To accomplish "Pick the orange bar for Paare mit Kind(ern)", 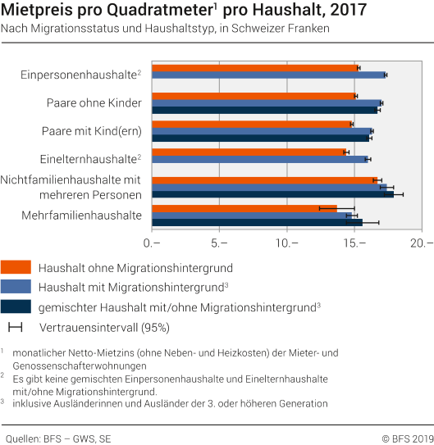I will pos(251,124).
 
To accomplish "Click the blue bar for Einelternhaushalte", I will pos(259,159).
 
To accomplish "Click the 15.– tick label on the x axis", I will pos(354,243).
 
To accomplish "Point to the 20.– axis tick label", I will pos(422,243).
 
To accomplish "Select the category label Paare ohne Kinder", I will pos(94,103).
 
